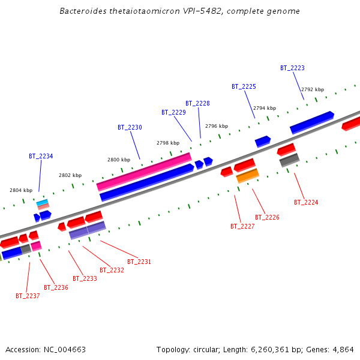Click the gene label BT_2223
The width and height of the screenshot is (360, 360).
click(292, 68)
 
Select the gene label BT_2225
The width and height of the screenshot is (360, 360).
click(244, 86)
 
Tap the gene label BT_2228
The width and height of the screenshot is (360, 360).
click(197, 103)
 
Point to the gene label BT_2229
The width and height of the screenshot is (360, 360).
click(173, 112)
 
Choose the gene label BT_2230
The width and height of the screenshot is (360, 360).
click(130, 127)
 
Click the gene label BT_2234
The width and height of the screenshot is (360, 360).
click(41, 156)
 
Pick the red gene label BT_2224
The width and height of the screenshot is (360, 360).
click(306, 202)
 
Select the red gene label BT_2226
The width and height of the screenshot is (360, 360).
click(267, 217)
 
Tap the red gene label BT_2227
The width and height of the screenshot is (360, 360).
click(242, 226)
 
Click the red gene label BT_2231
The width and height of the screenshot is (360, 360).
click(139, 262)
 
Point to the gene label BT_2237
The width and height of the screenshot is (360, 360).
click(28, 296)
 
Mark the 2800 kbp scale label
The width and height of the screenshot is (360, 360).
click(119, 160)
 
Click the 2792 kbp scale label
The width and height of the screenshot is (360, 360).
click(313, 89)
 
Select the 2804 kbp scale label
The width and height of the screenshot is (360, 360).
click(21, 190)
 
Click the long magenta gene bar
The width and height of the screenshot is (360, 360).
click(144, 172)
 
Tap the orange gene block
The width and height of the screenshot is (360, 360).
click(247, 176)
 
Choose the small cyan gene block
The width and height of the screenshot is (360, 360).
click(42, 203)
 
